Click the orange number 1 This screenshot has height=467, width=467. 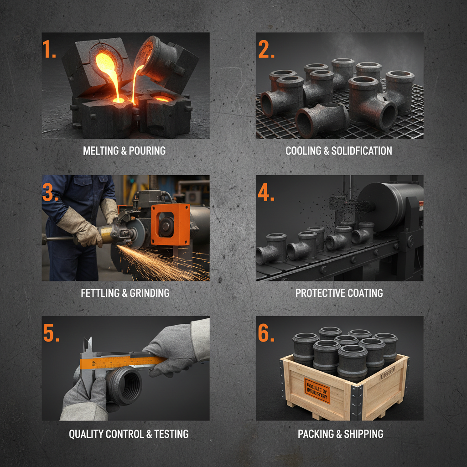(x=49, y=49)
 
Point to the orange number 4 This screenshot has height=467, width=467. (x=266, y=192)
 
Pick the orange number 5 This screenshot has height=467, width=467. (x=51, y=333)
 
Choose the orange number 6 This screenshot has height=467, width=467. (x=266, y=333)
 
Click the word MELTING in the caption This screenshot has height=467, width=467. (x=100, y=150)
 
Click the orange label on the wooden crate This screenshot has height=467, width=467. (x=316, y=391)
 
